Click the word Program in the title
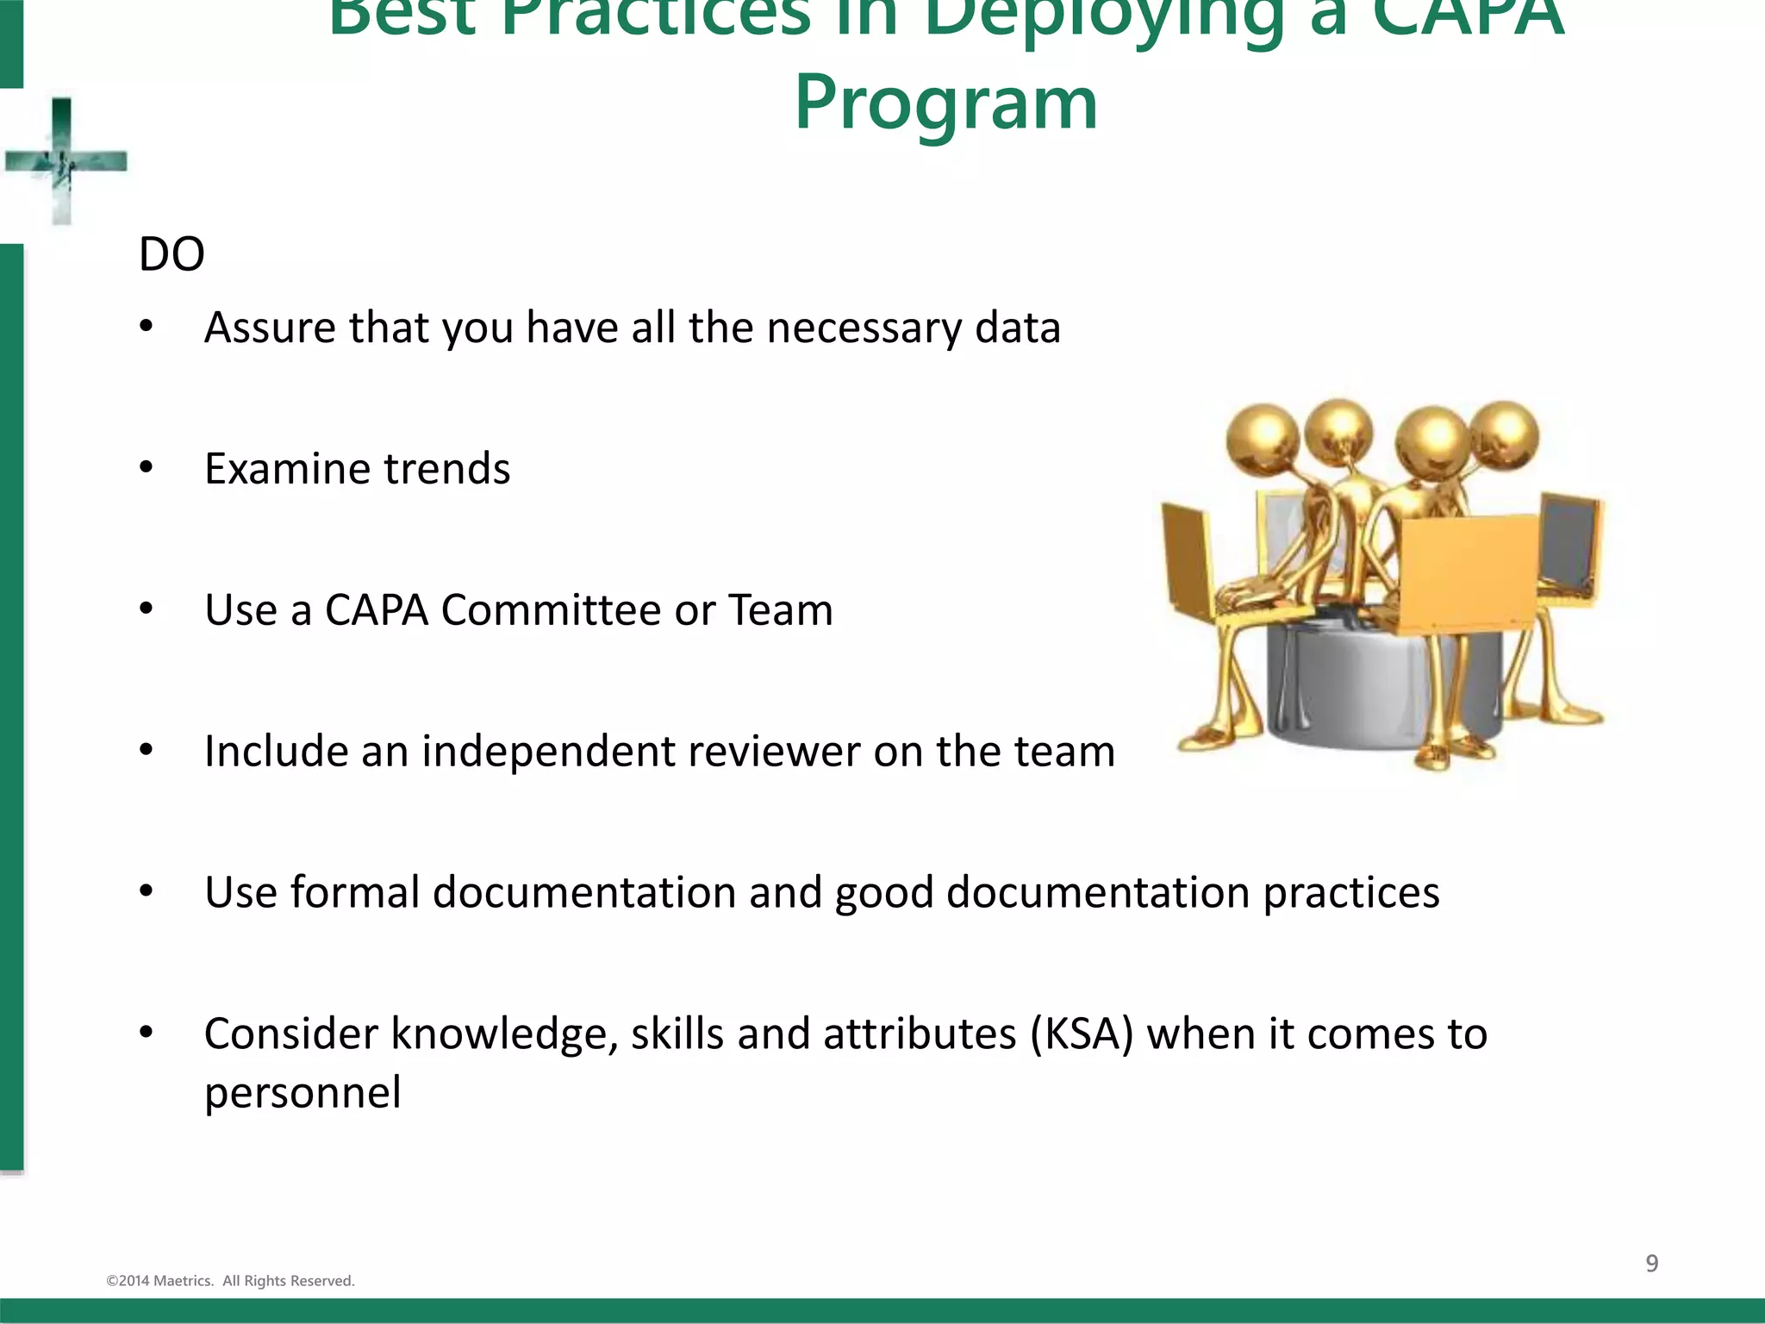[945, 103]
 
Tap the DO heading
[172, 254]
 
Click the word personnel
[302, 1093]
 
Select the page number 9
[1651, 1263]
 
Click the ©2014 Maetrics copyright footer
[230, 1281]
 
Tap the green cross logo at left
[63, 161]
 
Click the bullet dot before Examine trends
[147, 468]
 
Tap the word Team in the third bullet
[781, 610]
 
